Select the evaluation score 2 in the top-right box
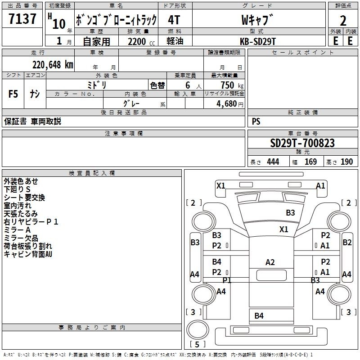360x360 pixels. [x=343, y=20]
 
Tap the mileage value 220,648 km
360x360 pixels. [x=52, y=64]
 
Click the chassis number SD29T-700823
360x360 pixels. [x=302, y=143]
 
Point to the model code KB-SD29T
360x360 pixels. [x=259, y=40]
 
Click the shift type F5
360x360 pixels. [x=13, y=94]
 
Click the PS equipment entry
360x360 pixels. [x=256, y=121]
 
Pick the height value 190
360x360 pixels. [x=346, y=162]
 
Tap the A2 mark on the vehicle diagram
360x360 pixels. [x=270, y=262]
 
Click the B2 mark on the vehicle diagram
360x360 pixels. [x=347, y=243]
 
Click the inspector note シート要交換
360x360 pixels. [x=24, y=198]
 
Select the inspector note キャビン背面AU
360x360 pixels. [x=28, y=254]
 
